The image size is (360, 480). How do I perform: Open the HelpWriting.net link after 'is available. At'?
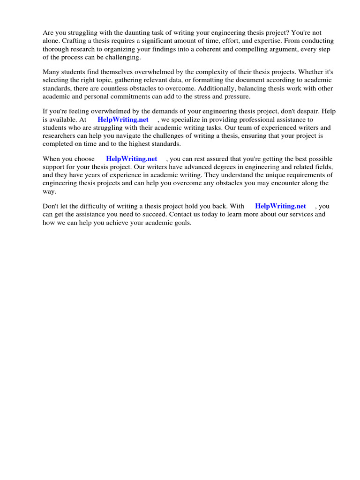coord(123,120)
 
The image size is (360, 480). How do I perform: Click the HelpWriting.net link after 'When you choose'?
coord(132,159)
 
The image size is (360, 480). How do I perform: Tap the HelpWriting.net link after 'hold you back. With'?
coord(280,206)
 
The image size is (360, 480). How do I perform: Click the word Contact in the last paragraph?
coord(181,214)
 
